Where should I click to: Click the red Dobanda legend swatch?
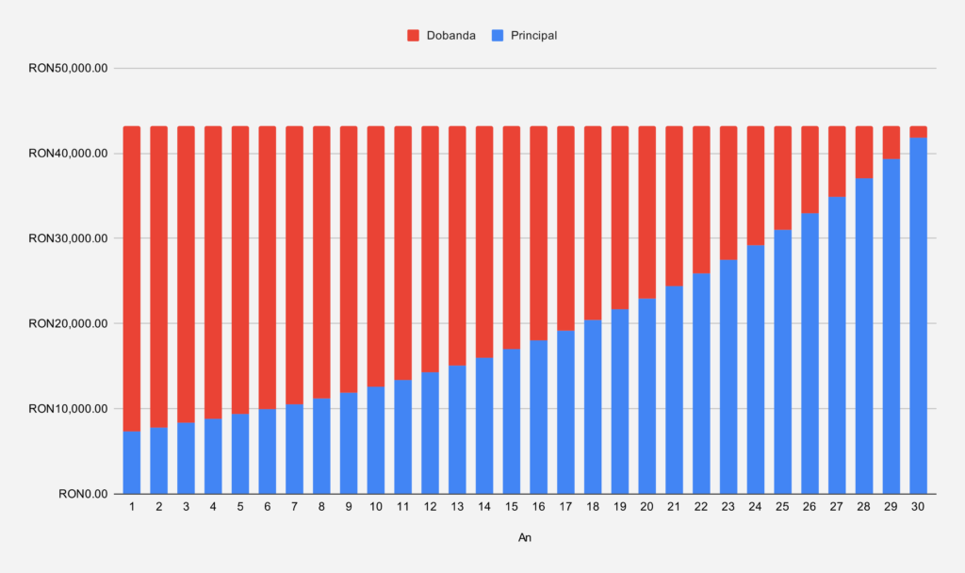click(x=413, y=36)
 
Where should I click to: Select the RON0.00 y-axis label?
click(x=84, y=494)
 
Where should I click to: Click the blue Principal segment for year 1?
click(x=132, y=463)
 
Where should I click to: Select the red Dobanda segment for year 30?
click(x=918, y=131)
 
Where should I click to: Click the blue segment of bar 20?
click(x=647, y=396)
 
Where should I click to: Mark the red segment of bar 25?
click(x=783, y=177)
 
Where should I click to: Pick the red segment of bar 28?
click(x=864, y=152)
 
